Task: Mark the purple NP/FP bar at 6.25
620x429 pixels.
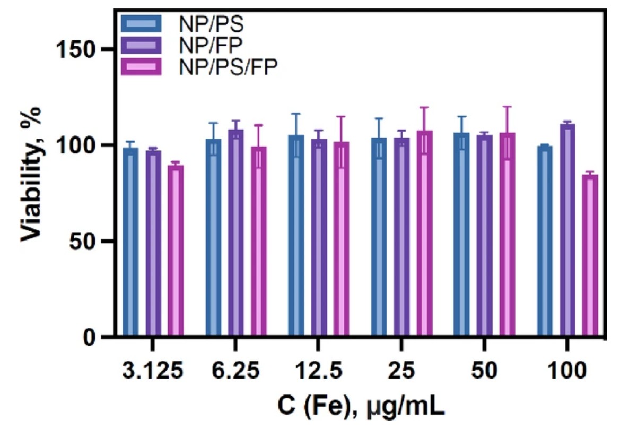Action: [x=236, y=233]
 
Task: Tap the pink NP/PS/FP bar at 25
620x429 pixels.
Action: [x=424, y=234]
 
